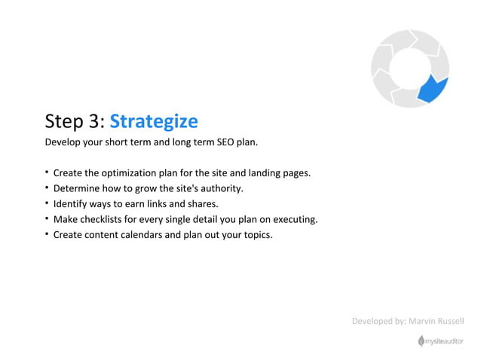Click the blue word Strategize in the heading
tap(154, 121)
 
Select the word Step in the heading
tap(63, 122)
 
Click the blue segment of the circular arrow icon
tap(432, 88)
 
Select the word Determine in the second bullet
tap(78, 188)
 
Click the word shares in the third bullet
tap(201, 204)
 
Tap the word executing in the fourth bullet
tap(293, 219)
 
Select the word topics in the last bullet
tap(256, 234)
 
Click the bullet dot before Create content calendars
tap(47, 234)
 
